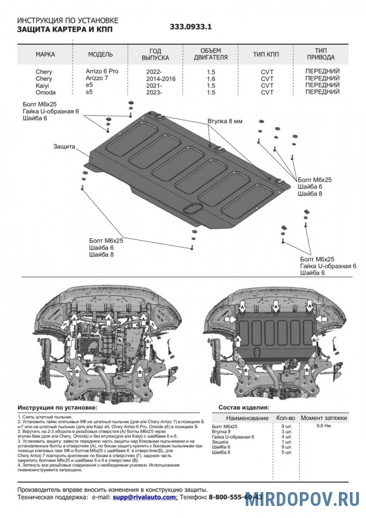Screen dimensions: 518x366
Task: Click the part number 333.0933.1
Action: tap(191, 27)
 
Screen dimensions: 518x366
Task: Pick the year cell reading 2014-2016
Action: tap(155, 78)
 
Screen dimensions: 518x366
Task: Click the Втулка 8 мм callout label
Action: tap(226, 121)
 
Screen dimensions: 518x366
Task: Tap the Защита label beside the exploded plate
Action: tap(64, 147)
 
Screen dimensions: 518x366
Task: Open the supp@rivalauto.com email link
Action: tap(144, 496)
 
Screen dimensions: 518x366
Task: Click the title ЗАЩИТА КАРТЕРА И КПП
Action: tap(65, 29)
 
